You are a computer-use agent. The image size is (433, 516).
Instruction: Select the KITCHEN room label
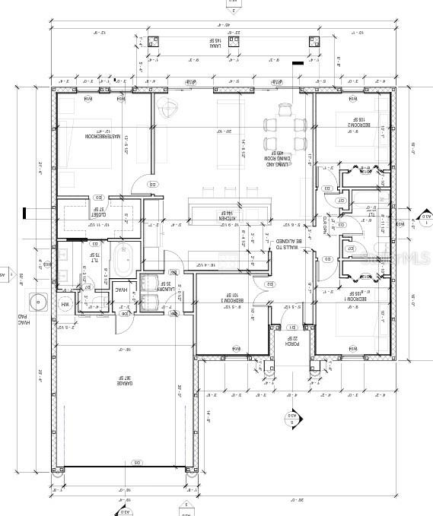click(x=227, y=218)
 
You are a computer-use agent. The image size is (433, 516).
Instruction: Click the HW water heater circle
click(x=65, y=305)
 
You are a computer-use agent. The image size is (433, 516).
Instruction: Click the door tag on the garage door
click(x=137, y=462)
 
